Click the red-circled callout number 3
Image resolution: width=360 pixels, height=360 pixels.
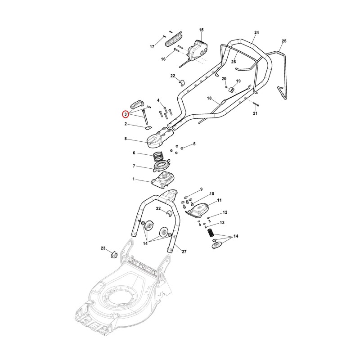coord(126,114)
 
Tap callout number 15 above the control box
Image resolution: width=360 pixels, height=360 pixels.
coord(201,30)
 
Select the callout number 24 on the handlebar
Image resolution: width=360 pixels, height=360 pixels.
coord(256,32)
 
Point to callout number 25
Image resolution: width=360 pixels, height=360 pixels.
coord(284,41)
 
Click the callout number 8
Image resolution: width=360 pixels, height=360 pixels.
coord(126,139)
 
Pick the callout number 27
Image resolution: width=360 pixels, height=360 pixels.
coord(184,252)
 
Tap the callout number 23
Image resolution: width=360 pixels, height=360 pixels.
coord(103,248)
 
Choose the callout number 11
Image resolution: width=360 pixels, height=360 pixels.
coord(219,200)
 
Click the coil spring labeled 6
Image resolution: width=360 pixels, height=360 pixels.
coord(158,157)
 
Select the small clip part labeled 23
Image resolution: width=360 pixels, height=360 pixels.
coord(114,254)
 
